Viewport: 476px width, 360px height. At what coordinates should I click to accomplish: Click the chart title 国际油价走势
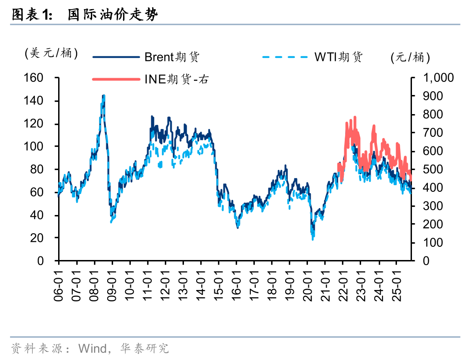[113, 15]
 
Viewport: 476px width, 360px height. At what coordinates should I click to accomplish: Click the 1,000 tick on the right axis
[438, 78]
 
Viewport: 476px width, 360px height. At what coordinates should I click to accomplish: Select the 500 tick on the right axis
[432, 169]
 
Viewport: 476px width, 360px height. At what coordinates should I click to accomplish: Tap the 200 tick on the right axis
[432, 224]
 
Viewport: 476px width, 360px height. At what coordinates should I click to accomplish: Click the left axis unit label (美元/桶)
[51, 53]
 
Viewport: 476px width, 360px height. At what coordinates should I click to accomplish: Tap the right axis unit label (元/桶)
[410, 57]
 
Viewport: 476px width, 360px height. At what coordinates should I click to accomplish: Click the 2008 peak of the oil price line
[104, 96]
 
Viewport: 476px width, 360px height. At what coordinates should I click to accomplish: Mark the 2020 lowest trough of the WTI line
[312, 238]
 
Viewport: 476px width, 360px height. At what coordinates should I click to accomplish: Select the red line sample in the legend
[116, 79]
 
